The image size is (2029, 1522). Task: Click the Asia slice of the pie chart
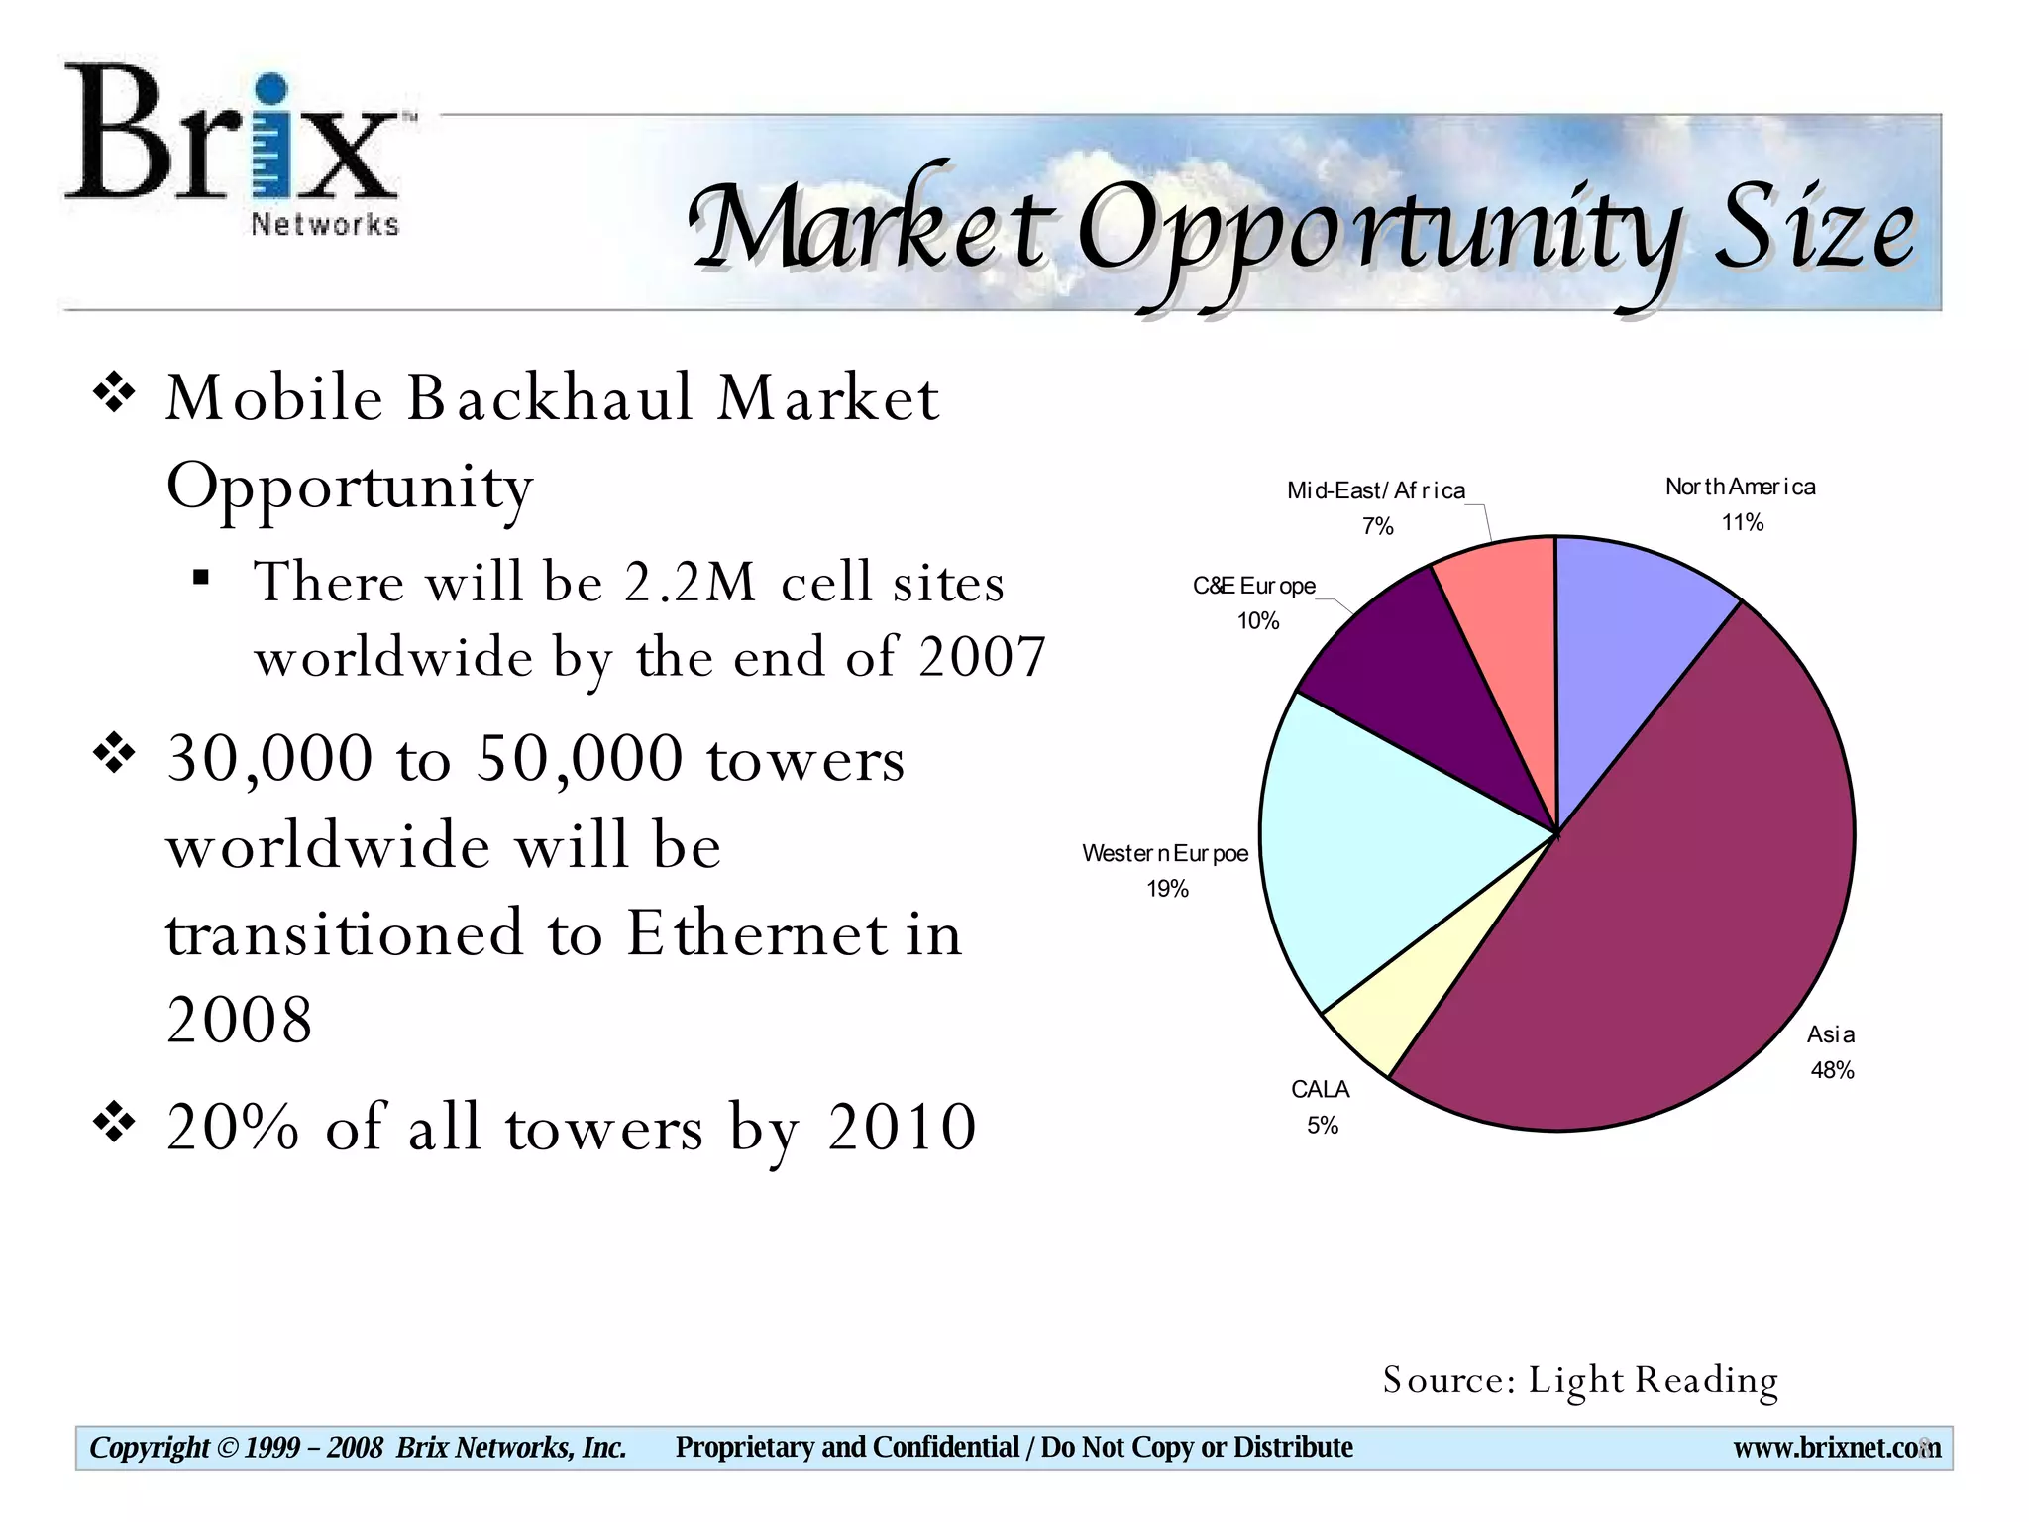[1684, 892]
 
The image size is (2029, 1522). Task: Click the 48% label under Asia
[1832, 1070]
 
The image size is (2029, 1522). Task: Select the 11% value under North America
[1742, 522]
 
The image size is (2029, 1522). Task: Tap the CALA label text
[1320, 1089]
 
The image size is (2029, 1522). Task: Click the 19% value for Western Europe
[1167, 889]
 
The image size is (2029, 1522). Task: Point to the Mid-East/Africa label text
[1375, 490]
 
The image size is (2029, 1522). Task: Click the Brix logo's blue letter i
[269, 139]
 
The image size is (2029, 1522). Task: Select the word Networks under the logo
[325, 225]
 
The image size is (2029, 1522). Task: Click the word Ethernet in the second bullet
[757, 934]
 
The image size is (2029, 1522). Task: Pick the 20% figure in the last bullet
[233, 1128]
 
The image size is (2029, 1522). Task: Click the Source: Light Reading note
[1580, 1380]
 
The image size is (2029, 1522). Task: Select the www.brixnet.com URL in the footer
[1836, 1448]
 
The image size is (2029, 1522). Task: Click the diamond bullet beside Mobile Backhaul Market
[114, 393]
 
